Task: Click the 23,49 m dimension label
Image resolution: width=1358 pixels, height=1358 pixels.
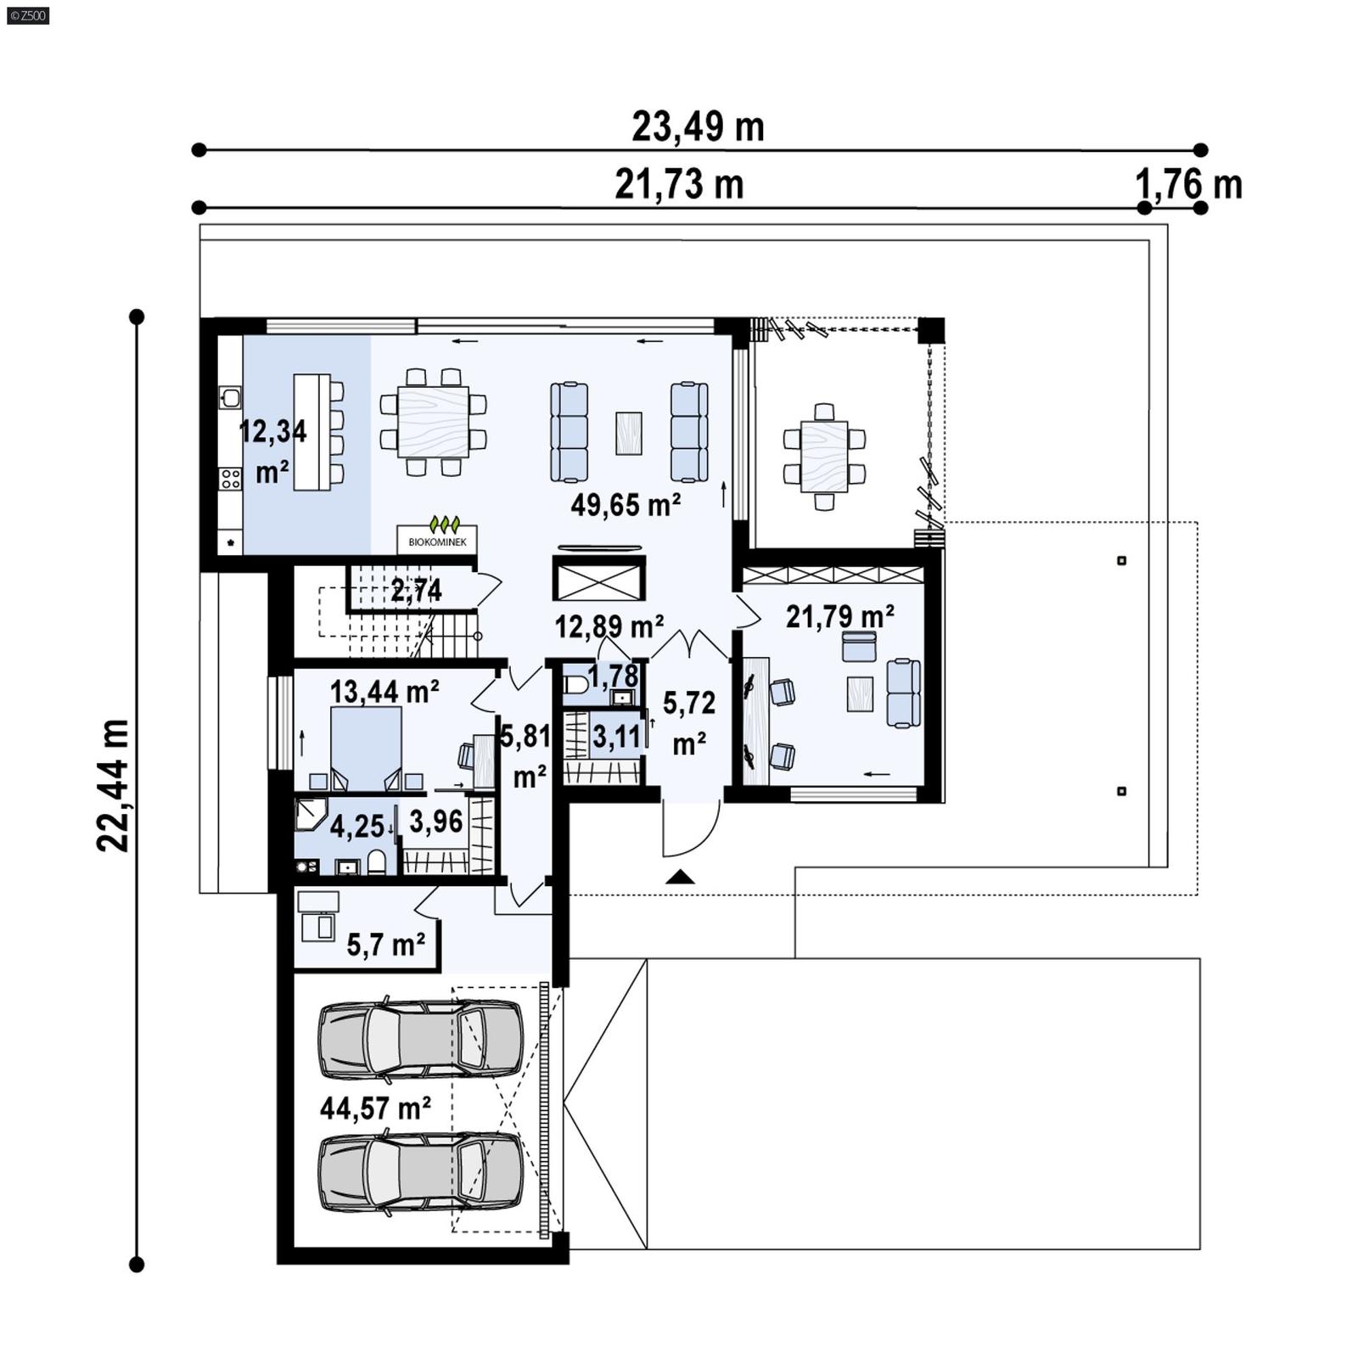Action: pyautogui.click(x=698, y=127)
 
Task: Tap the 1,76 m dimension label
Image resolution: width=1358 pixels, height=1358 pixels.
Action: pyautogui.click(x=1188, y=184)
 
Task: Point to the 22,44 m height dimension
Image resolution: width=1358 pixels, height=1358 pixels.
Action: pyautogui.click(x=113, y=785)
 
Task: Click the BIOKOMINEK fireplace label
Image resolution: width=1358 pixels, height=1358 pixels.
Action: pyautogui.click(x=437, y=541)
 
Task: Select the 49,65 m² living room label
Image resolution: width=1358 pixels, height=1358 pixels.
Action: pyautogui.click(x=626, y=505)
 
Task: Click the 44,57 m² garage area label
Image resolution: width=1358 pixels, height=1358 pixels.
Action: pyautogui.click(x=375, y=1108)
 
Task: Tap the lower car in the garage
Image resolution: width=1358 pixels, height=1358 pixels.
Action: pyautogui.click(x=420, y=1172)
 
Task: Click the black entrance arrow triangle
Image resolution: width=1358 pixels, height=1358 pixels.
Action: pyautogui.click(x=680, y=878)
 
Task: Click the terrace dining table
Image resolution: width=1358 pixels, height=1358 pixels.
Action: pyautogui.click(x=823, y=457)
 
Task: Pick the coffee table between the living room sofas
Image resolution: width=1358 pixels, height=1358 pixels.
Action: pyautogui.click(x=628, y=433)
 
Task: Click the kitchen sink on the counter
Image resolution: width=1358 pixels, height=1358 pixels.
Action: pyautogui.click(x=230, y=397)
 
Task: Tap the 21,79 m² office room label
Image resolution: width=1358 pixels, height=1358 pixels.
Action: pyautogui.click(x=839, y=616)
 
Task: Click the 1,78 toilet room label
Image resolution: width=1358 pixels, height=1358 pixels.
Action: pyautogui.click(x=613, y=676)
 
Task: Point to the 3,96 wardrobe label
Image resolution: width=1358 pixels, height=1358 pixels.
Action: pyautogui.click(x=436, y=821)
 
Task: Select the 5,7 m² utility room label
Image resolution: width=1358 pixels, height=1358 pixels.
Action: pyautogui.click(x=386, y=944)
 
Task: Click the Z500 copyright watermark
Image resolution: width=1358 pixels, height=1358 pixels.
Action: pyautogui.click(x=27, y=14)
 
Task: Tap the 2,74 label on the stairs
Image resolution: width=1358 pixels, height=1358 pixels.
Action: pyautogui.click(x=416, y=590)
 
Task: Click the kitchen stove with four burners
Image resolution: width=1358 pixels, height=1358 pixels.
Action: pyautogui.click(x=230, y=479)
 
